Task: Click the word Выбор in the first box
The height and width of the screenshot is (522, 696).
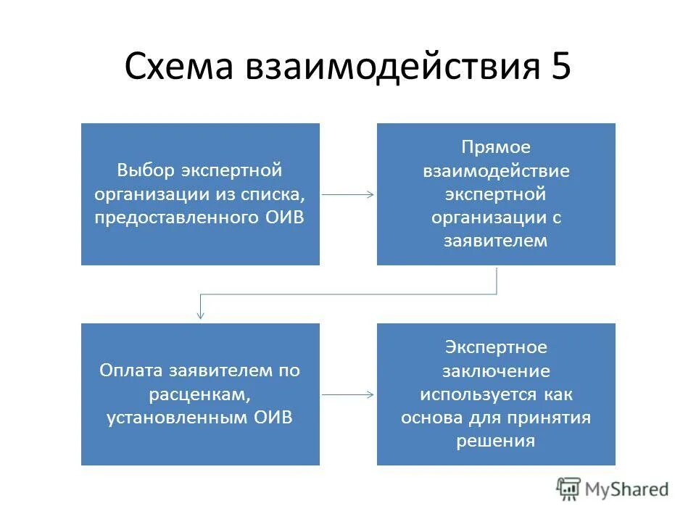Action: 146,170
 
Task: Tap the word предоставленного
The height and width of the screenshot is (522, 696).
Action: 173,217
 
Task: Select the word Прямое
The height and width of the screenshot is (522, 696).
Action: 496,147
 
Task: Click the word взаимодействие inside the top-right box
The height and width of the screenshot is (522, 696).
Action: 496,171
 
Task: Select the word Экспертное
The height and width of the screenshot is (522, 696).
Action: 496,347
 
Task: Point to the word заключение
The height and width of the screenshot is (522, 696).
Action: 496,371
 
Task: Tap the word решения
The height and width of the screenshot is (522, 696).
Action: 496,442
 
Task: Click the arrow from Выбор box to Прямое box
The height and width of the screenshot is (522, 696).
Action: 348,194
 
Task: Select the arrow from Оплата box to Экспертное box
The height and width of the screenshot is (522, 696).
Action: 348,394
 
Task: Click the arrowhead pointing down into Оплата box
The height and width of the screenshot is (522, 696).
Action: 201,315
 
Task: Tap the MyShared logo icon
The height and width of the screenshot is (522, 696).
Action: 569,488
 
